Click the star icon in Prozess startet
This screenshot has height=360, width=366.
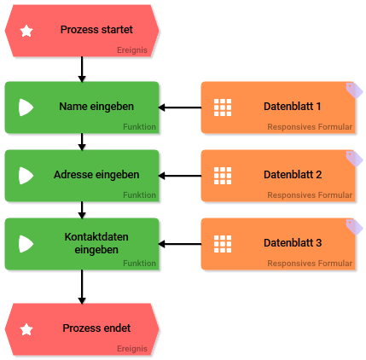click(x=26, y=31)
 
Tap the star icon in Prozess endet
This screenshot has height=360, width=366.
click(x=26, y=329)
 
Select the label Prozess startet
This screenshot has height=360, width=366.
click(x=96, y=30)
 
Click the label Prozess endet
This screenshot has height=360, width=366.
click(x=96, y=328)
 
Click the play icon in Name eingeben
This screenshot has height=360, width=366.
click(x=26, y=107)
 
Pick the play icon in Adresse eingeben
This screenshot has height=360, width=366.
click(x=26, y=176)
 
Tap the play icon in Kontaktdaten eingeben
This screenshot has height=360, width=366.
click(x=26, y=244)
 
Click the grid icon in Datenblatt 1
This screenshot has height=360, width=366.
click(x=223, y=107)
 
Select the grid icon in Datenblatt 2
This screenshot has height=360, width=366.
click(x=223, y=176)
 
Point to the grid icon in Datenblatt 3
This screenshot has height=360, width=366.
click(x=223, y=244)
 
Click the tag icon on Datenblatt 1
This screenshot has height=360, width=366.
click(x=354, y=90)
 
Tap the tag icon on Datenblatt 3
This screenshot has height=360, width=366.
click(x=354, y=227)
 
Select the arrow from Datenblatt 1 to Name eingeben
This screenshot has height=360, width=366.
click(x=180, y=107)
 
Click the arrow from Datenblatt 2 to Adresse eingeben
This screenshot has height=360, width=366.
click(x=180, y=176)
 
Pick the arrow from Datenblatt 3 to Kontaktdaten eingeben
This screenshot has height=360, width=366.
click(x=180, y=244)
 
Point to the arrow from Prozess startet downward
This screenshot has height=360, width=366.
click(x=82, y=69)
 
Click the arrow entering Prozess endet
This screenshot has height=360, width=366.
click(x=82, y=287)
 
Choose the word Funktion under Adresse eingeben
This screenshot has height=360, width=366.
click(x=139, y=195)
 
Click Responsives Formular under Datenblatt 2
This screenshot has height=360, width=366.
click(x=310, y=195)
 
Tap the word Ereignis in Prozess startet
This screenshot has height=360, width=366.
click(x=132, y=50)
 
